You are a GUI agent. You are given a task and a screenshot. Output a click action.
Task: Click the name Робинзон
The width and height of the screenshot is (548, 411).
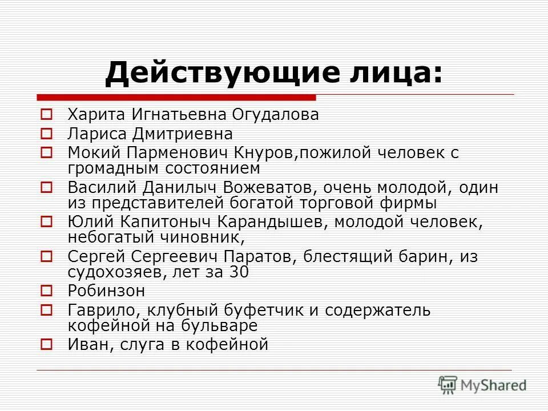(x=106, y=291)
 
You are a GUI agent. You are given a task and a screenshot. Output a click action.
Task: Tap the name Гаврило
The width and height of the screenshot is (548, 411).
(x=103, y=311)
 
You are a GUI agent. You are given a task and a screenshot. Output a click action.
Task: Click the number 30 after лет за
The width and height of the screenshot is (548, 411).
(x=238, y=272)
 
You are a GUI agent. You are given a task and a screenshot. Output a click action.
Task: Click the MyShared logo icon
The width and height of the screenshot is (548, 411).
(x=448, y=385)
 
